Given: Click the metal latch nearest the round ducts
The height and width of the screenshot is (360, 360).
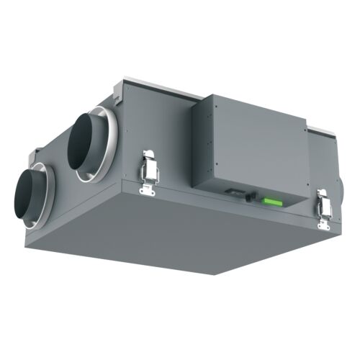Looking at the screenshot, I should (150, 167).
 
